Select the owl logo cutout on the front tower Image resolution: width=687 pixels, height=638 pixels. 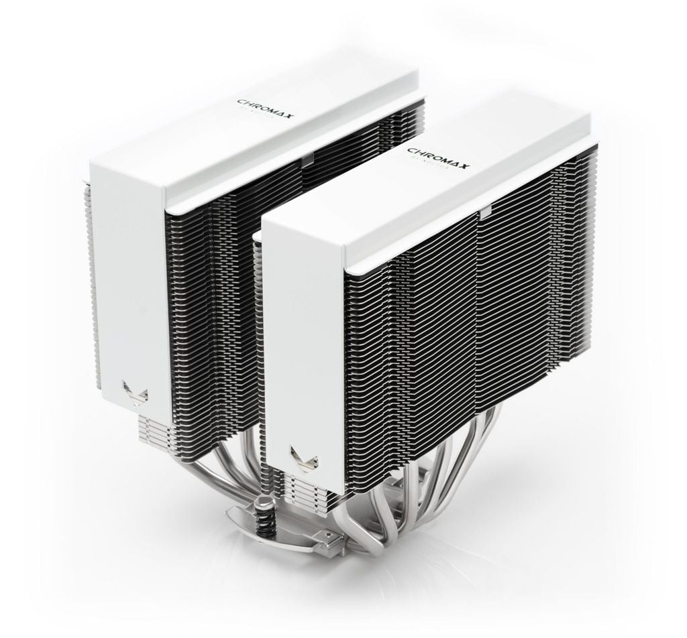click(x=305, y=459)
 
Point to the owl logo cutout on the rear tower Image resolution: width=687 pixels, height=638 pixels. click(x=135, y=393)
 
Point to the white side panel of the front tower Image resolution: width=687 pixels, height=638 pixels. click(x=305, y=348)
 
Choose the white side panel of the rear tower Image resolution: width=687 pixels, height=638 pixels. click(x=131, y=281)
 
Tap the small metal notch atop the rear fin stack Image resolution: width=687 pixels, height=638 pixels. click(x=307, y=159)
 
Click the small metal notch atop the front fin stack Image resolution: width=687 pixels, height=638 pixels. click(x=484, y=215)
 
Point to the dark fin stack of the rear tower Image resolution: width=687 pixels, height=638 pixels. click(x=215, y=281)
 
